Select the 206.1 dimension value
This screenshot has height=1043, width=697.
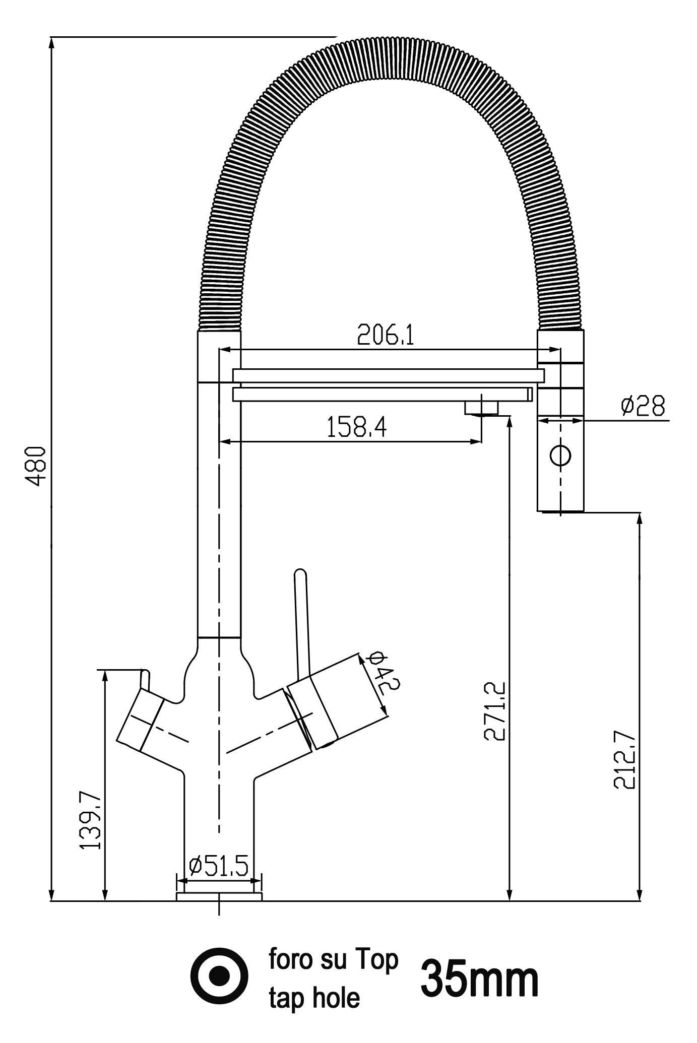pos(386,335)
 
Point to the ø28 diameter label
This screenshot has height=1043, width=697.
pos(643,406)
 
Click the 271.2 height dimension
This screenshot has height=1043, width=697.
pos(494,711)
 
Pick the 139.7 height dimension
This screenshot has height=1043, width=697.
pos(91,820)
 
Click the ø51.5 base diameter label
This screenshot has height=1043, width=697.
pos(219,866)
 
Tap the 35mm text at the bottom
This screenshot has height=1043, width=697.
pos(479,979)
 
